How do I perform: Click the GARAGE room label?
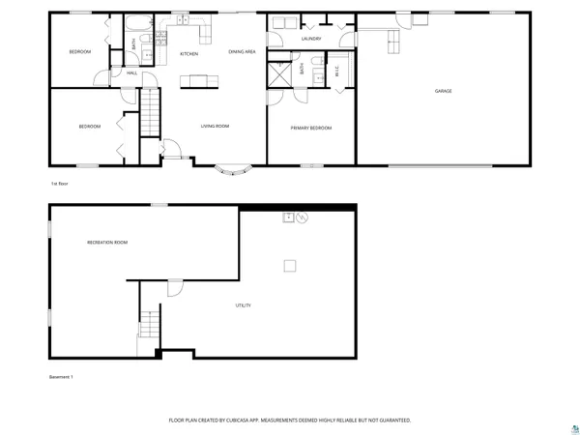[443, 91]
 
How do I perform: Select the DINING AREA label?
[242, 51]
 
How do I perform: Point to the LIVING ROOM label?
[214, 126]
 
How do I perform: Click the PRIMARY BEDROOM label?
[311, 128]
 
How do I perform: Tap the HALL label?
[131, 73]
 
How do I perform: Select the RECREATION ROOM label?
[107, 242]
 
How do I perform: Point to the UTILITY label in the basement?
[244, 305]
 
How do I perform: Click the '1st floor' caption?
[59, 182]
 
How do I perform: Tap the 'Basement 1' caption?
[61, 376]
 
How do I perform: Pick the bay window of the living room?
[234, 171]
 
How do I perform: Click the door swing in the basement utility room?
[174, 288]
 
